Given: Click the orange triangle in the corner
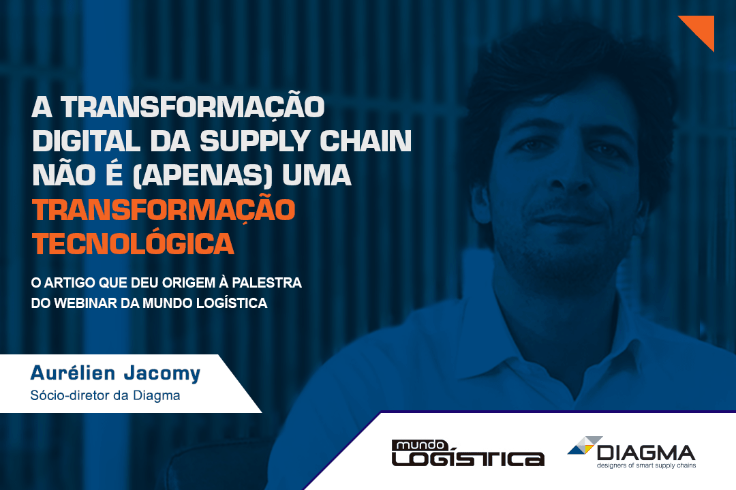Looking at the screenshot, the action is pos(702,27).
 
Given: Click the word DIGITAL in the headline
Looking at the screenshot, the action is pos(87,141).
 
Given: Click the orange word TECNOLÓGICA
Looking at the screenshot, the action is pos(133,243).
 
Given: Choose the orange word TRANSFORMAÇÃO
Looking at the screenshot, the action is pos(164,210).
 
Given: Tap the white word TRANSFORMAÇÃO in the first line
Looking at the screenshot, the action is pos(192,107).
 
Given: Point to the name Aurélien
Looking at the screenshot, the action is pos(73,373).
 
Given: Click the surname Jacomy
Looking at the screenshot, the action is pos(162,374).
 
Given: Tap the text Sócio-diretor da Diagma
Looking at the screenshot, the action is pos(105,396).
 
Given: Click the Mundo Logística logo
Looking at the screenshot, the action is pos(467,453).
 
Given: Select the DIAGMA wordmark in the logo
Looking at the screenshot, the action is pos(646,453).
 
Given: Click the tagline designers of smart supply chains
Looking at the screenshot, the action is pos(646,465).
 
